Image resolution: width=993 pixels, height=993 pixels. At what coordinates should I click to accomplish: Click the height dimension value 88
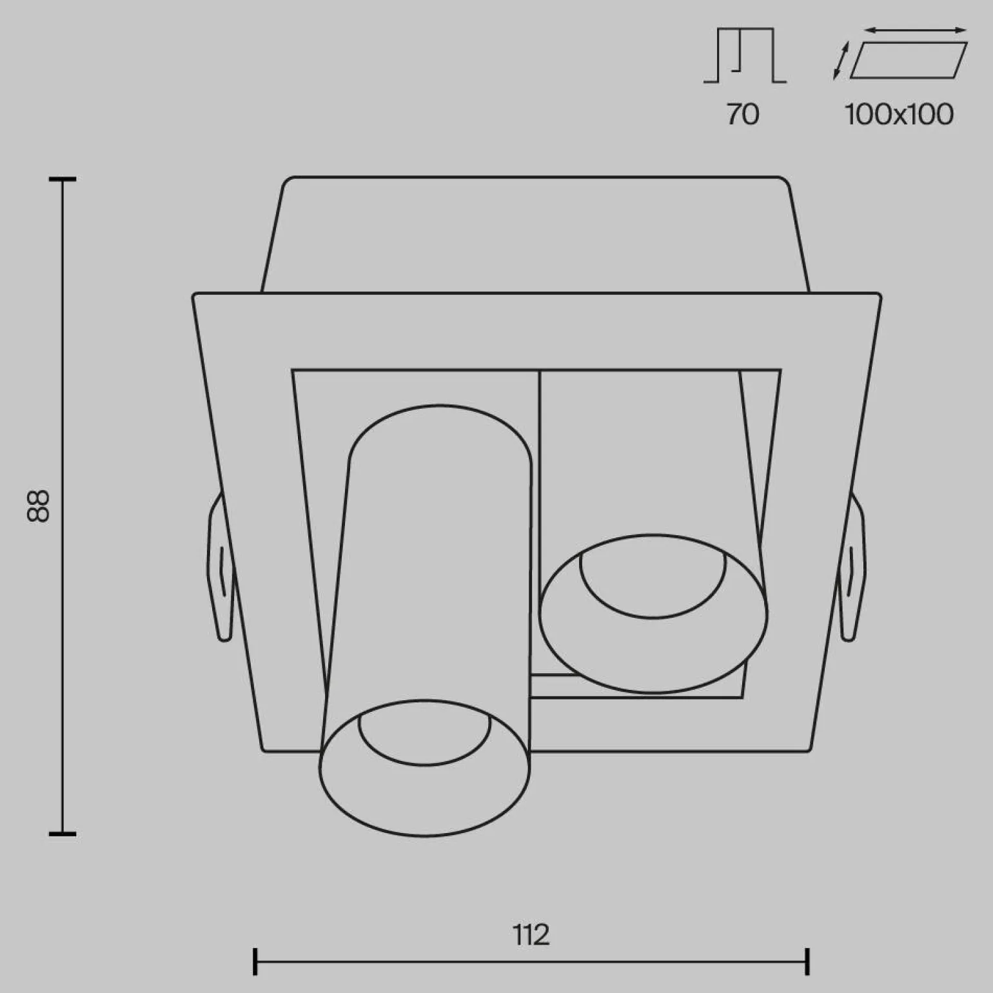(39, 506)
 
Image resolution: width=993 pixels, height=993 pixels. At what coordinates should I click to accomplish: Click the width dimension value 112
(531, 934)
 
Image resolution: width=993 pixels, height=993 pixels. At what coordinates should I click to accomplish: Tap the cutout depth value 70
(743, 114)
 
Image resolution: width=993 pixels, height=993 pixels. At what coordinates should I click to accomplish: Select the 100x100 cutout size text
(900, 114)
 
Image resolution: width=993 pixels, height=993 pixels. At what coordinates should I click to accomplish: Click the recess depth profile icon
(745, 55)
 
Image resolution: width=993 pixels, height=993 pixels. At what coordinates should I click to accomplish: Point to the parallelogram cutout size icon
(909, 60)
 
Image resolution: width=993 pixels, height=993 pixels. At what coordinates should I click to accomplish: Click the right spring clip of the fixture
(852, 567)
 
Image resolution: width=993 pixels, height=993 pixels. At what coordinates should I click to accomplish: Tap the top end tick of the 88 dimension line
(63, 179)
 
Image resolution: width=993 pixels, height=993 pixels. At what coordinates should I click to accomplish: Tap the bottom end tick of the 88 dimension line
(63, 834)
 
